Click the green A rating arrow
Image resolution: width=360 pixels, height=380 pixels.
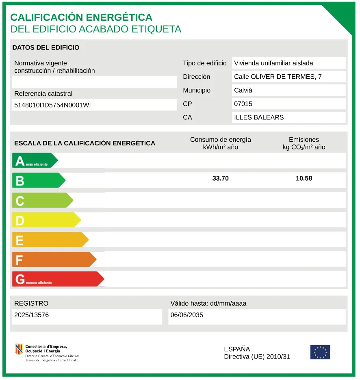tap(35, 160)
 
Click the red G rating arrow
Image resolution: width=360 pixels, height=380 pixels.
tap(57, 279)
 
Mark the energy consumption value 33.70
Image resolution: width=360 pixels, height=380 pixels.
tap(221, 178)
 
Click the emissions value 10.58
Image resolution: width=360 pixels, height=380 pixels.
tap(304, 178)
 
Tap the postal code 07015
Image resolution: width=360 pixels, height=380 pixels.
tap(243, 104)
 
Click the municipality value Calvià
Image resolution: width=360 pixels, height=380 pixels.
tap(243, 90)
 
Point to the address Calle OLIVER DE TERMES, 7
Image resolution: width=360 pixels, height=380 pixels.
tap(278, 77)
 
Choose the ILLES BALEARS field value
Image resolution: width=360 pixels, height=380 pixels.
tap(259, 117)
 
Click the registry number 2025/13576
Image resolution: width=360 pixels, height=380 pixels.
tap(31, 315)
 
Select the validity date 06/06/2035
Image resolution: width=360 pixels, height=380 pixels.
tap(187, 315)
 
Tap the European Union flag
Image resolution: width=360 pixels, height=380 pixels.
tap(320, 352)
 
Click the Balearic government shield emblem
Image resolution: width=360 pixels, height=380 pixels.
tap(19, 349)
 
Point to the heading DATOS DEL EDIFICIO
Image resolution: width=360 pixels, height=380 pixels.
tap(46, 47)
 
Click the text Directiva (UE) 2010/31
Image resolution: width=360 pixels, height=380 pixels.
tap(257, 357)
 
